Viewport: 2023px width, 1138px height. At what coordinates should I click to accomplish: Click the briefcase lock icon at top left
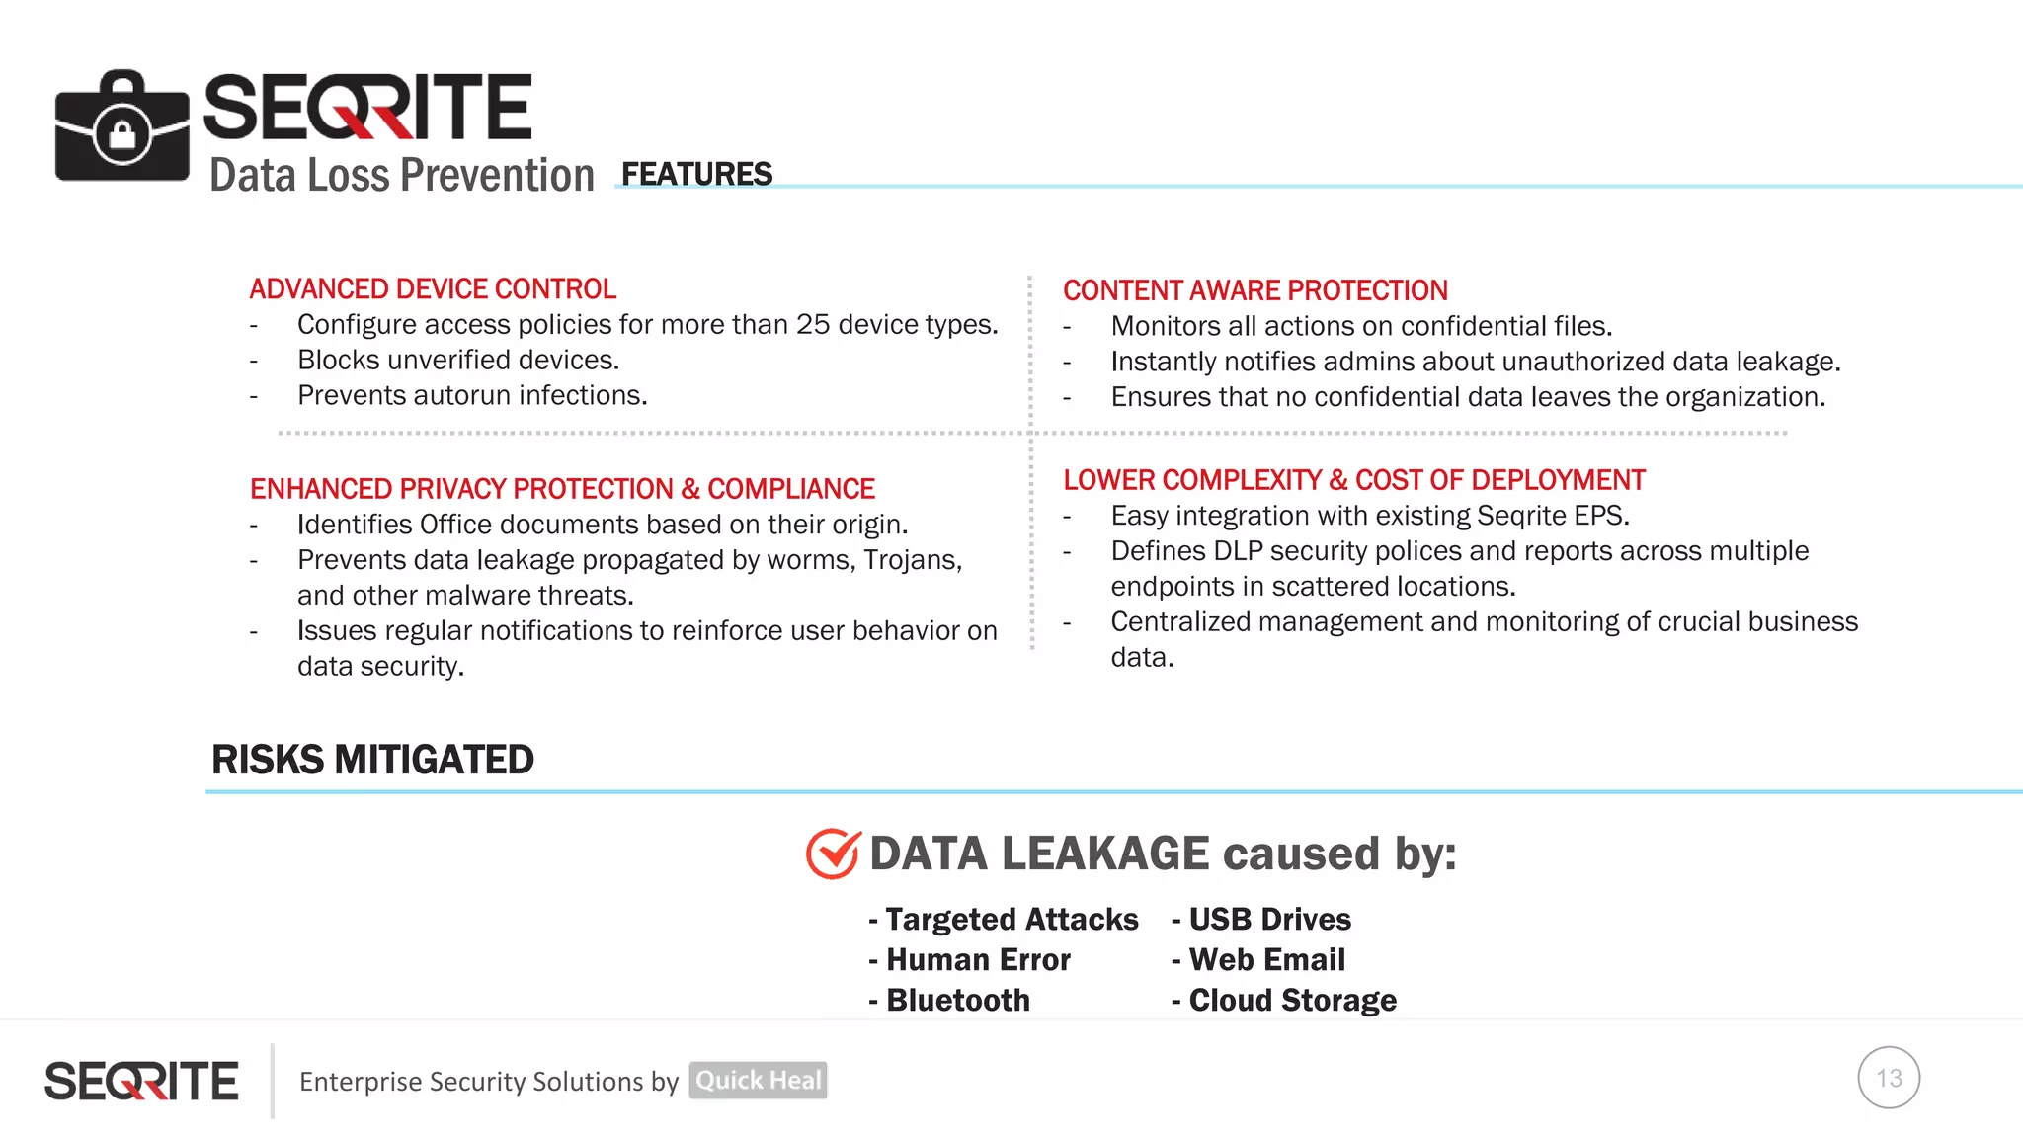(x=121, y=126)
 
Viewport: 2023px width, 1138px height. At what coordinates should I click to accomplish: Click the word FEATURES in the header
(x=696, y=174)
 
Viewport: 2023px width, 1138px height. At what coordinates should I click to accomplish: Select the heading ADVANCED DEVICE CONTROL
(x=433, y=288)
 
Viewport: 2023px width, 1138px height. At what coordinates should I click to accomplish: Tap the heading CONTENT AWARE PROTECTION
(x=1254, y=290)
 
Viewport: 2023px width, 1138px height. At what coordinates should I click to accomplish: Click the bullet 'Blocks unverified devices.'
(x=458, y=360)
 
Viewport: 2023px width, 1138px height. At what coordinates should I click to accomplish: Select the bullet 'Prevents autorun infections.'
(x=472, y=395)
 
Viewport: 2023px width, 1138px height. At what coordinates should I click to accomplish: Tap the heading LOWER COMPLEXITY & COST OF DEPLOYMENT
(x=1353, y=480)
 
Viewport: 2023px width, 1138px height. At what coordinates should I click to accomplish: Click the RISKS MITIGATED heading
(x=372, y=760)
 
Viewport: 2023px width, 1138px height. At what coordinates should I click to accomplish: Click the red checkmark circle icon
(x=833, y=853)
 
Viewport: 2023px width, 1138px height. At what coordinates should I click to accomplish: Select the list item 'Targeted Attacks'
(x=1011, y=920)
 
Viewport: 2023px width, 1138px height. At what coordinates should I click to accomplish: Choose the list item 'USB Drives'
(x=1269, y=920)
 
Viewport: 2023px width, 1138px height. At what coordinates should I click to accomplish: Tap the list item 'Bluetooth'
(x=957, y=1001)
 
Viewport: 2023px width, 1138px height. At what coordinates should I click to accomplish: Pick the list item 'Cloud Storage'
(x=1292, y=1001)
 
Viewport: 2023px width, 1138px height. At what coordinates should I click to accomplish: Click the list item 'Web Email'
(x=1266, y=960)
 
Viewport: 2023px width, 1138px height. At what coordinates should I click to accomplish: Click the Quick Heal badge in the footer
(x=758, y=1081)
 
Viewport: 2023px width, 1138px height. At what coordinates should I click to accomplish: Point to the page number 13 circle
(x=1888, y=1078)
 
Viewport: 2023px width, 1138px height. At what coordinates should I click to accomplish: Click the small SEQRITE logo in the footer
(x=141, y=1081)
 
